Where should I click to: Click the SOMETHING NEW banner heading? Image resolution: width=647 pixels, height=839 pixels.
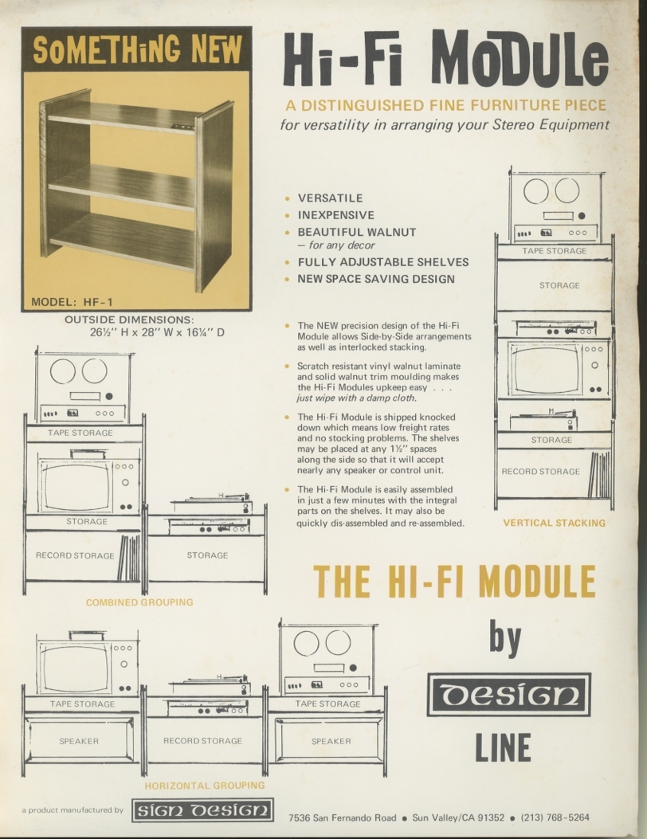(x=136, y=49)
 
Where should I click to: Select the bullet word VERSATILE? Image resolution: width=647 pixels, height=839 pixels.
(x=330, y=198)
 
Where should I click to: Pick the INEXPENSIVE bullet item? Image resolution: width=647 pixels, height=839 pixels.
(x=335, y=215)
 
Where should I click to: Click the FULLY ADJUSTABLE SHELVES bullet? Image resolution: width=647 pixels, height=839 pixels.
(x=382, y=261)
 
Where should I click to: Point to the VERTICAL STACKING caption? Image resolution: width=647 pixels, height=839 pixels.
(x=554, y=523)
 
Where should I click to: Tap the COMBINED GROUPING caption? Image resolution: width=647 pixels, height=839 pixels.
(x=139, y=602)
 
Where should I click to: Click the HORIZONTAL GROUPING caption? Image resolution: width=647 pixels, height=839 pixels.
(x=205, y=786)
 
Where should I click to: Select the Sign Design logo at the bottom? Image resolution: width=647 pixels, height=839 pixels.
(x=202, y=810)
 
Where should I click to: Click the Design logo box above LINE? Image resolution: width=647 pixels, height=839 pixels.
(x=508, y=694)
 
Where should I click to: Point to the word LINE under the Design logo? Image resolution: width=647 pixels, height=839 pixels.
(x=503, y=747)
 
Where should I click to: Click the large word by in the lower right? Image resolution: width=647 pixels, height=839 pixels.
(x=504, y=637)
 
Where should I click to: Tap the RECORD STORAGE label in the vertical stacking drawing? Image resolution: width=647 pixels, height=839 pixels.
(x=540, y=472)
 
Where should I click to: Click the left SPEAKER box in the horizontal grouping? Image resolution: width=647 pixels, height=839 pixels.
(x=79, y=741)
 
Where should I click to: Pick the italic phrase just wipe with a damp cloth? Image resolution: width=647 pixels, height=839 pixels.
(x=366, y=398)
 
